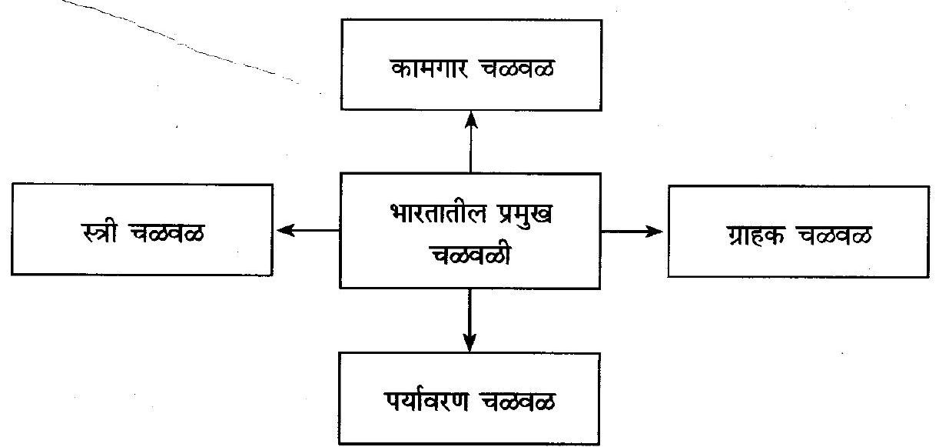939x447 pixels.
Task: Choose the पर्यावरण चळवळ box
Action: pos(469,398)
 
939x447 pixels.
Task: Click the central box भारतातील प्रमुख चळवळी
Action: pos(470,231)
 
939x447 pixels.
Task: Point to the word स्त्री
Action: pos(100,229)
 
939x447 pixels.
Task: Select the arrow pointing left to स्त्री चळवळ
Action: pos(307,229)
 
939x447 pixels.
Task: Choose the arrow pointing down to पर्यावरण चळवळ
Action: pos(470,320)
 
